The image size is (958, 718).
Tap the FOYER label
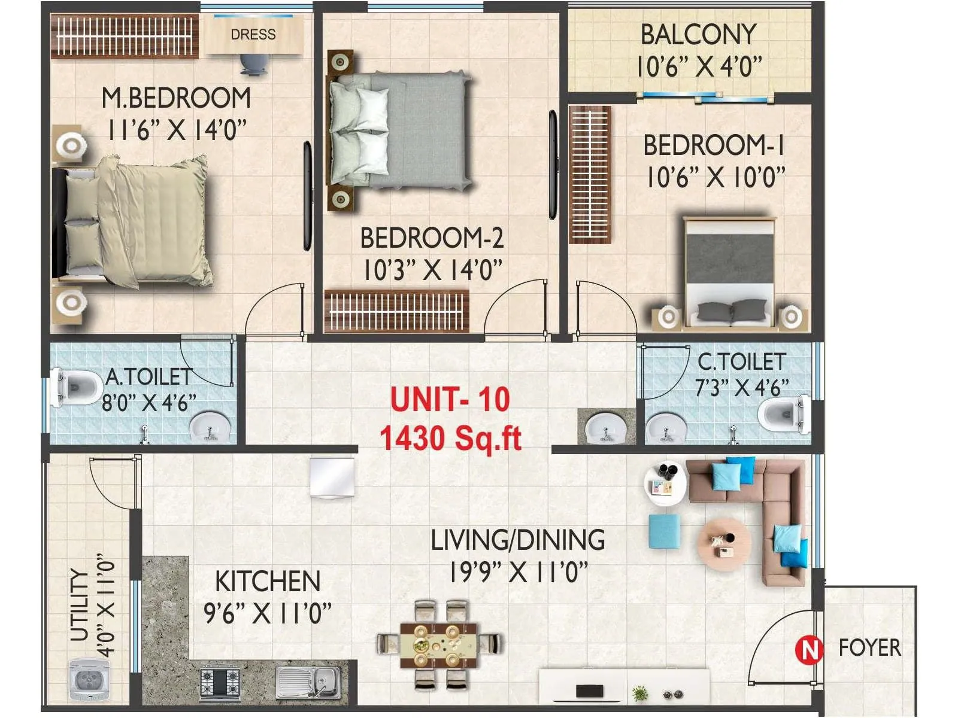click(869, 648)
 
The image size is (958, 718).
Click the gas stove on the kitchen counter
click(219, 683)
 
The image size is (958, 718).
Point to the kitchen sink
click(308, 682)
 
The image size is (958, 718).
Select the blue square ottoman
click(665, 531)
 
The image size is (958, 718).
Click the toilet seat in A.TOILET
click(77, 387)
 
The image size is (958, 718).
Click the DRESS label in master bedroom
click(253, 35)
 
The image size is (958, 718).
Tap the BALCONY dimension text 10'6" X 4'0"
click(698, 66)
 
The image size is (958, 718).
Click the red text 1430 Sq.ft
click(450, 438)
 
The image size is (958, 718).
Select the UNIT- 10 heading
click(450, 399)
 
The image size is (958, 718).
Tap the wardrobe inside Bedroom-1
click(590, 174)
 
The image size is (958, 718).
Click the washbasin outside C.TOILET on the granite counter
click(606, 429)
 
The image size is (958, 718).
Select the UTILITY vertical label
click(80, 606)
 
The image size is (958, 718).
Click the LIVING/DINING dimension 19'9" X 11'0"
click(518, 572)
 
